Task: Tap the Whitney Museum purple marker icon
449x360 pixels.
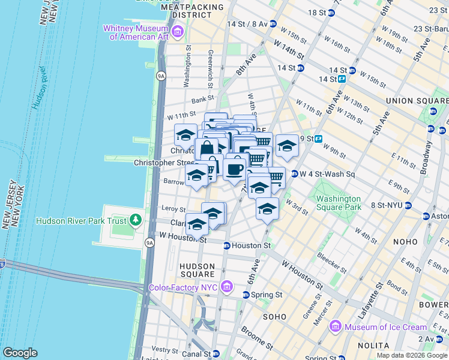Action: [x=177, y=31]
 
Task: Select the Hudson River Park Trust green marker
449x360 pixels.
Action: [x=136, y=220]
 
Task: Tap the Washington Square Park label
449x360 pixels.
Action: [x=339, y=203]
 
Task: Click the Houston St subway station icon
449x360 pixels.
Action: [x=227, y=245]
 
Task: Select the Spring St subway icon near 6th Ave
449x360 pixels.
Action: [x=246, y=295]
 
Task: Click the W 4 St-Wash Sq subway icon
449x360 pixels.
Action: [x=295, y=174]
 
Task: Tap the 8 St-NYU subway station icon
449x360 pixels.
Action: [x=408, y=205]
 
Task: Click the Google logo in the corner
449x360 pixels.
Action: [x=20, y=353]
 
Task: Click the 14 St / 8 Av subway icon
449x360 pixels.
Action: [x=273, y=24]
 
